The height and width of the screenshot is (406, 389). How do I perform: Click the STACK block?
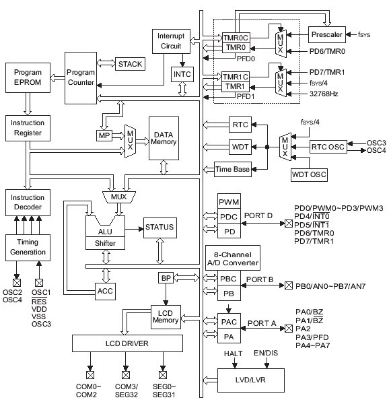(x=130, y=64)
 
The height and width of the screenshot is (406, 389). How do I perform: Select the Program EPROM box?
(x=28, y=77)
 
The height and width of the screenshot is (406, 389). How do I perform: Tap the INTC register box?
(x=182, y=75)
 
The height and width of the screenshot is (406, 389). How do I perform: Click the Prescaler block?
(x=327, y=34)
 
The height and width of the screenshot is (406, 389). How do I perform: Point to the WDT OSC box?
(x=309, y=175)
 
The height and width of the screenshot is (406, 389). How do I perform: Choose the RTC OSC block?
(x=328, y=147)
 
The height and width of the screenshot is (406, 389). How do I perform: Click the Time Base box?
(x=233, y=170)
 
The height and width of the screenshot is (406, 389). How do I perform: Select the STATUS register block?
(x=160, y=228)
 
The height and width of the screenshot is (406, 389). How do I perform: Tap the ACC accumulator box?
(x=105, y=292)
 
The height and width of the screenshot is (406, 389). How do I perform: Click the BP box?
(x=166, y=278)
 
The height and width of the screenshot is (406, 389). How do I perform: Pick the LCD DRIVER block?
(x=127, y=343)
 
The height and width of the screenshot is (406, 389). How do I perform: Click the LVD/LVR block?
(x=251, y=380)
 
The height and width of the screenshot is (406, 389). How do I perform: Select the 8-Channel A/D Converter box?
(x=233, y=258)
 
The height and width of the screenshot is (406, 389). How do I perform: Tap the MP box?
(x=104, y=135)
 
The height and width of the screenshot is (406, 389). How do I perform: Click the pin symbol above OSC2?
(x=17, y=283)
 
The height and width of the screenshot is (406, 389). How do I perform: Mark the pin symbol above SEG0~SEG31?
(x=163, y=374)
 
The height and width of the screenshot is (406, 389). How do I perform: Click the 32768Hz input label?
(x=324, y=94)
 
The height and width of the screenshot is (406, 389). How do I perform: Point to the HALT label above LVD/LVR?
(x=233, y=353)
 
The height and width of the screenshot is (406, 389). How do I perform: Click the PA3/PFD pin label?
(x=312, y=337)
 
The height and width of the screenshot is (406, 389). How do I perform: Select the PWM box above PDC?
(x=229, y=201)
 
